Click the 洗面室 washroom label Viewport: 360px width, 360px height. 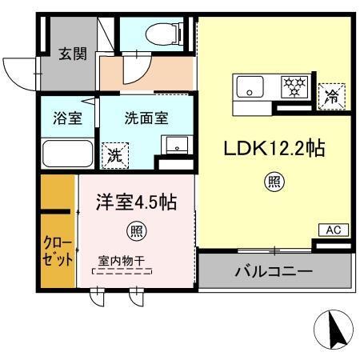point(146,118)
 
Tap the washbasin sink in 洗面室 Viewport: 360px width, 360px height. point(174,145)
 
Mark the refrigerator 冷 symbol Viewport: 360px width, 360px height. point(331,97)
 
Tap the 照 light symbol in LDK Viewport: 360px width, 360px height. point(274,182)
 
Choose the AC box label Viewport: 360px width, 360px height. point(333,230)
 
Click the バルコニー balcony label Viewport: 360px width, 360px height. point(273,272)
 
